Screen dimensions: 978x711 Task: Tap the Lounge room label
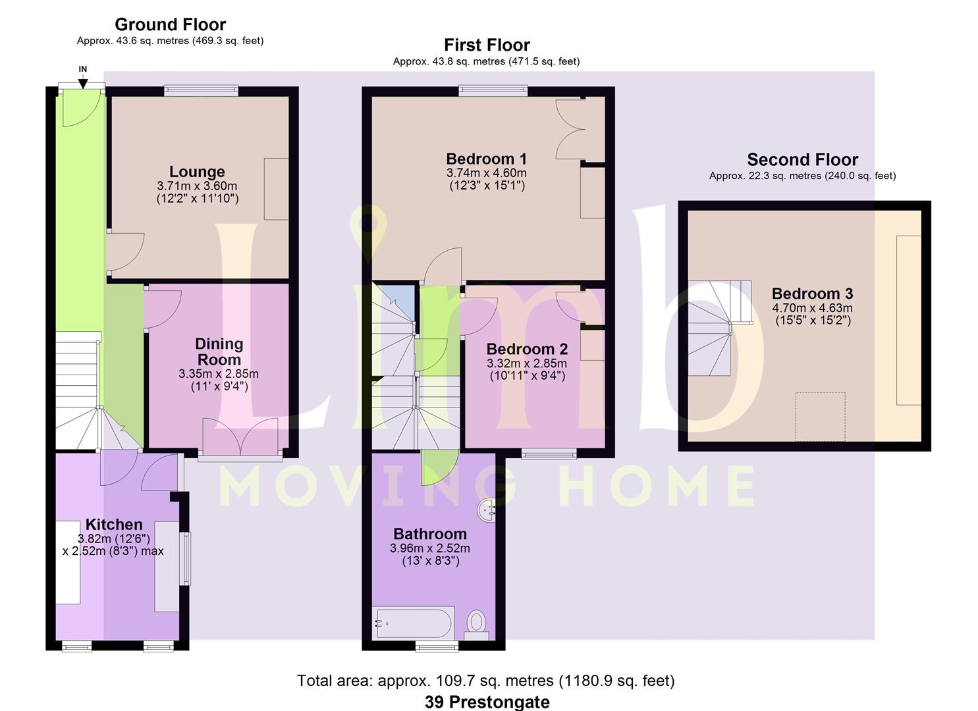tap(197, 172)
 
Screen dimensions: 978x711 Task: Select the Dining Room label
tap(219, 352)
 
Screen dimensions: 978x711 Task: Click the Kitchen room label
tap(114, 524)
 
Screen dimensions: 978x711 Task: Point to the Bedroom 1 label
tap(487, 159)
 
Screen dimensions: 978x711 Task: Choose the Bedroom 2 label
tap(527, 349)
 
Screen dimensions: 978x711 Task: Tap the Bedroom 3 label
tap(813, 294)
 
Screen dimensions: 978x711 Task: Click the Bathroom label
tap(430, 534)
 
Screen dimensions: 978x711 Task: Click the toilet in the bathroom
tap(476, 625)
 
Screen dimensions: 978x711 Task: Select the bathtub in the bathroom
tap(414, 623)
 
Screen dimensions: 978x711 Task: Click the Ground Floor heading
tap(171, 24)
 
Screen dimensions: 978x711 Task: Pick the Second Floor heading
tap(802, 160)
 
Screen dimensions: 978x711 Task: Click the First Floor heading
tap(487, 45)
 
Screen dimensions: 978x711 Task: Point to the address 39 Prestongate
tap(487, 702)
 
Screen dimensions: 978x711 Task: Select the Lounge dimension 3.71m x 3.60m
tap(197, 186)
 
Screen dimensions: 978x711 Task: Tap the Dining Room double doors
tap(240, 436)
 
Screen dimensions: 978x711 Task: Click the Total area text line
tap(486, 681)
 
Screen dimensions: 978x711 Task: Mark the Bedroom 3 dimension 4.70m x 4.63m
tap(813, 307)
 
